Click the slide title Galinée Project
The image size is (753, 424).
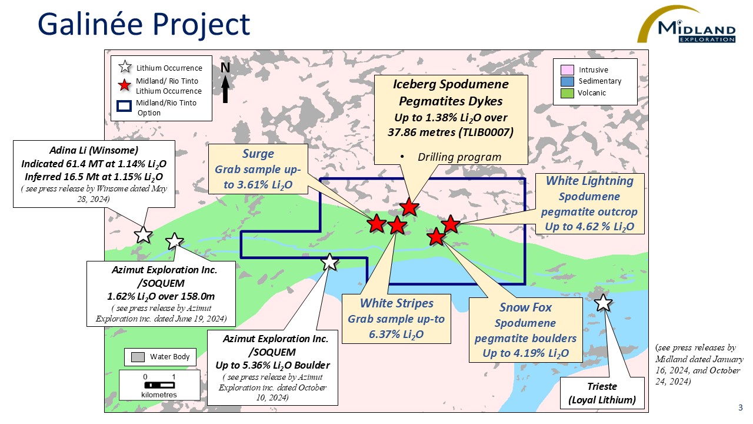pos(144,25)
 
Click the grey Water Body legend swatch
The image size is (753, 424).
pos(138,357)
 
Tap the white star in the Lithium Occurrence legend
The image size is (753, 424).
pos(125,68)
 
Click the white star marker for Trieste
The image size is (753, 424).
pos(604,303)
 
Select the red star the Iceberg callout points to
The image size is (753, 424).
pos(409,207)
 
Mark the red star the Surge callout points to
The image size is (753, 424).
pos(376,223)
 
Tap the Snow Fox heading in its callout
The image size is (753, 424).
pos(525,307)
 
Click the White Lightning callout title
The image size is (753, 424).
pos(589,181)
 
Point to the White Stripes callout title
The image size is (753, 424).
pos(397,303)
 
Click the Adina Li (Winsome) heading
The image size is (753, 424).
pos(94,150)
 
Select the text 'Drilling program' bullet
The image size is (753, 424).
pos(459,157)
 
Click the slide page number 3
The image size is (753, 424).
pos(740,408)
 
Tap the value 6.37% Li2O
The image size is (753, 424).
pos(397,335)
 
